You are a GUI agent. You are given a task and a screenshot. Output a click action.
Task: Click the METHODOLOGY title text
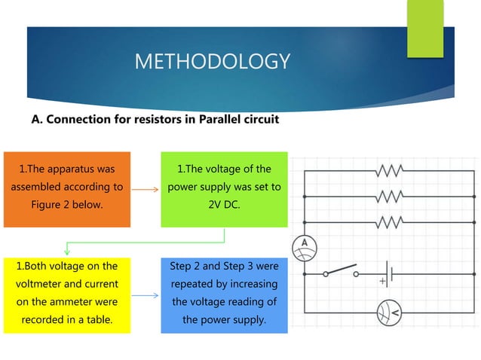[x=212, y=61]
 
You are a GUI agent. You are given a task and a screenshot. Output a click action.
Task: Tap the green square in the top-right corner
[x=425, y=28]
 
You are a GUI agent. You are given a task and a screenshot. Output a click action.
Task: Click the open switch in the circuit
[x=340, y=272]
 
